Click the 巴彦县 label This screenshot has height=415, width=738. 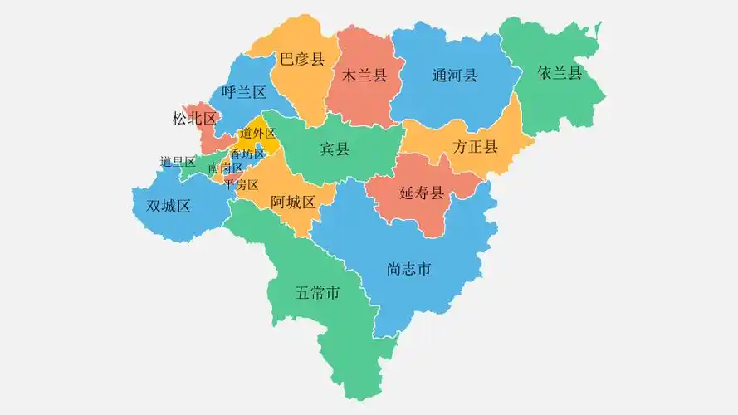click(301, 59)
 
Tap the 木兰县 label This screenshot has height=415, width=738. click(365, 76)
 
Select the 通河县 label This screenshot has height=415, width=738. click(455, 76)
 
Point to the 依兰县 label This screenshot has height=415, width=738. click(560, 73)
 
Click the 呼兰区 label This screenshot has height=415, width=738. click(244, 92)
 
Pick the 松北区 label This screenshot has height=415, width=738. click(194, 119)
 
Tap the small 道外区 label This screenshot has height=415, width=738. click(257, 134)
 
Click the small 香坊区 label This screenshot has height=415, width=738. click(247, 154)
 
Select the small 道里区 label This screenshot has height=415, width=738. click(178, 162)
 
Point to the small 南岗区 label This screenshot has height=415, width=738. click(225, 168)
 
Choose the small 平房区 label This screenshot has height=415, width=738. click(242, 184)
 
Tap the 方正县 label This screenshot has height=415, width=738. click(475, 148)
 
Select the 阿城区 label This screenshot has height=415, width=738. click(293, 203)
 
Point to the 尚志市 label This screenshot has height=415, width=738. click(409, 270)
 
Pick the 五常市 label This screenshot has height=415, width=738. click(318, 293)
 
